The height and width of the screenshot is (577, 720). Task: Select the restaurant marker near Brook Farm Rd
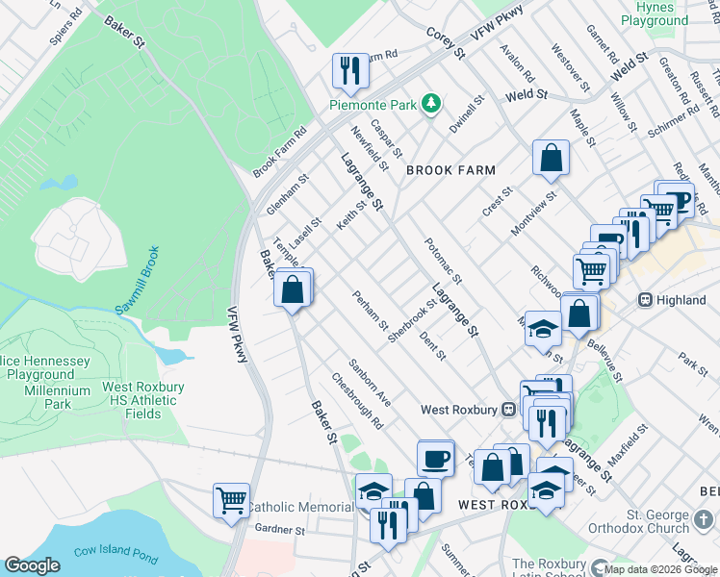(348, 70)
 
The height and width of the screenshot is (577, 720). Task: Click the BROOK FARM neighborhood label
(450, 170)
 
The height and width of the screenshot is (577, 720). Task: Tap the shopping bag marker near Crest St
(551, 159)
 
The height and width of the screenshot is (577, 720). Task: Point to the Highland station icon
(647, 300)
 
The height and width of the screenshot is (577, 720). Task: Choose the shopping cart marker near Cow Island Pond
(231, 501)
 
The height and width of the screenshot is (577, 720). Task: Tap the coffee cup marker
(435, 458)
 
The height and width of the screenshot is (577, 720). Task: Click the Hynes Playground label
(655, 13)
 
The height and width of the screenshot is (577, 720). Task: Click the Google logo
(33, 565)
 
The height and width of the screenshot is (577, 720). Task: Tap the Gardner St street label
(280, 529)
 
